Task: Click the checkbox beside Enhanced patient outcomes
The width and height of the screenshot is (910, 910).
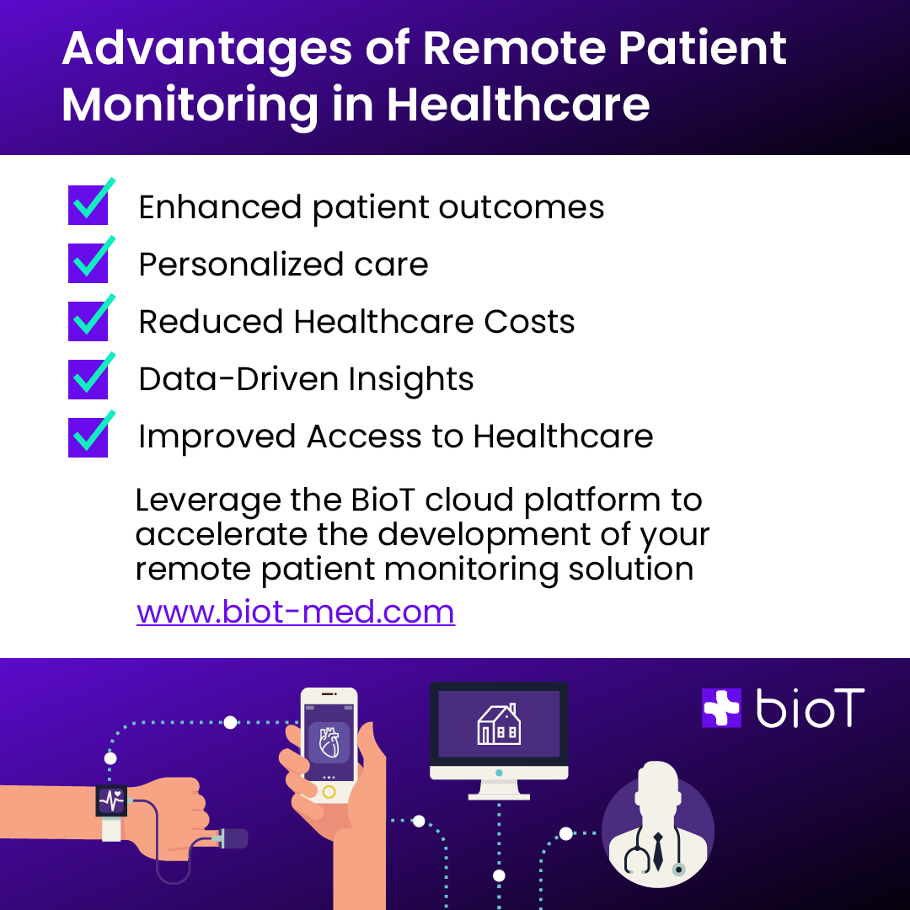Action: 88,205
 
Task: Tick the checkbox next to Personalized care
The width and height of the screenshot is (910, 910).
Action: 88,263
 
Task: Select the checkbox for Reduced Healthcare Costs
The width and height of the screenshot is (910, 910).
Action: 88,321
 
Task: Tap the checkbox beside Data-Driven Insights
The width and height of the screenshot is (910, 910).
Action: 88,379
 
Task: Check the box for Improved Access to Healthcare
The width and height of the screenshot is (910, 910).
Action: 88,437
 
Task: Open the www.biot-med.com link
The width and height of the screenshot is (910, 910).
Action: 296,612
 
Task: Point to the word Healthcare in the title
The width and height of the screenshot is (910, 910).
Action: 518,104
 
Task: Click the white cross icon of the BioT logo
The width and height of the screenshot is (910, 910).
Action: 721,708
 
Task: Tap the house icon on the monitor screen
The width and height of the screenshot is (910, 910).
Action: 499,725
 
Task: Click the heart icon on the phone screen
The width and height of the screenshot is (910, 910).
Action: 329,742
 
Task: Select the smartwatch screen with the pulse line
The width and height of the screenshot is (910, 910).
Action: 111,801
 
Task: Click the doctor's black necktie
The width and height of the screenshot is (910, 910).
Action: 657,851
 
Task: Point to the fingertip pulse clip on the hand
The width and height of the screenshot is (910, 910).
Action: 230,838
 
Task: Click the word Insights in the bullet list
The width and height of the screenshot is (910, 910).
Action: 411,379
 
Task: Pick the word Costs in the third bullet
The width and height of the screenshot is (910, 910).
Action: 529,322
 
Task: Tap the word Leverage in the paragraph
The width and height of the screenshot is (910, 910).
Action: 208,500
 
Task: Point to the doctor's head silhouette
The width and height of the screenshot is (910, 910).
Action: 657,784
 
